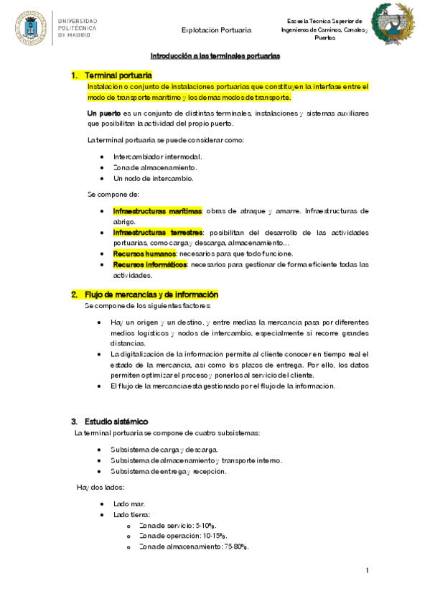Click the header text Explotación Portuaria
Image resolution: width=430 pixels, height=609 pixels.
(x=216, y=30)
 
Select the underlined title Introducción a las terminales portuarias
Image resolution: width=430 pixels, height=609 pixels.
(x=215, y=55)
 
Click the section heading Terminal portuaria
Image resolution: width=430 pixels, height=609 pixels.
(x=118, y=75)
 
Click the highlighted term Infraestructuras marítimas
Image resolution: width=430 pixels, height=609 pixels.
(x=157, y=211)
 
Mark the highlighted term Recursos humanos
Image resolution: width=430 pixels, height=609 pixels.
(x=144, y=254)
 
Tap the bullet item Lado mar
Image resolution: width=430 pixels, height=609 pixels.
(x=128, y=504)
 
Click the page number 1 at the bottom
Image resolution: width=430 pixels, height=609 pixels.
(x=367, y=571)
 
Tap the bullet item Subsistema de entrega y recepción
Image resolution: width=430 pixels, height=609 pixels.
(x=168, y=471)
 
